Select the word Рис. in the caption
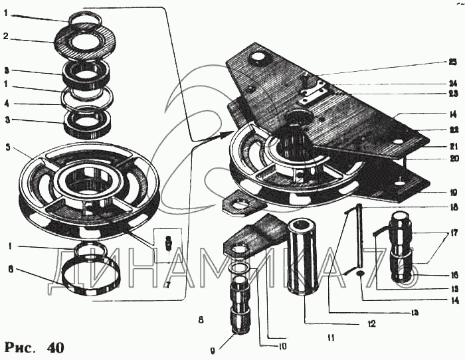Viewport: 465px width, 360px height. point(21,346)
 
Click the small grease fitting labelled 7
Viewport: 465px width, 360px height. point(169,240)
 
